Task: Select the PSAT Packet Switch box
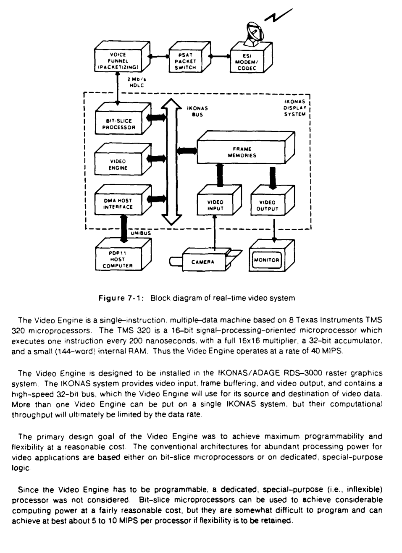tap(185, 61)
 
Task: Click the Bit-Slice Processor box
tap(118, 124)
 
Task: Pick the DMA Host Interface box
tap(118, 204)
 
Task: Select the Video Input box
tap(215, 205)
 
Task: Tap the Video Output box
tap(268, 205)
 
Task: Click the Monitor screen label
tap(266, 260)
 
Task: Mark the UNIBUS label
tap(140, 233)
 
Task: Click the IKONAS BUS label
tap(197, 111)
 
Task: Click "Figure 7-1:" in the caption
tap(121, 298)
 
